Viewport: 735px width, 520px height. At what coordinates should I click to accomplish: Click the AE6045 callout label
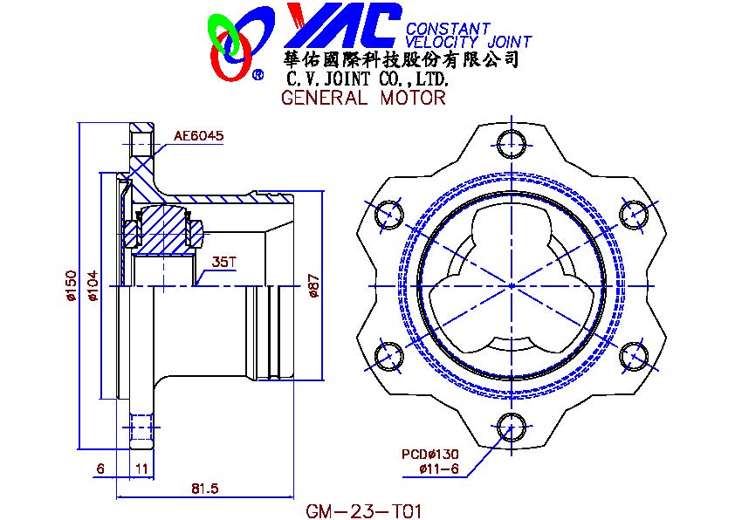click(198, 136)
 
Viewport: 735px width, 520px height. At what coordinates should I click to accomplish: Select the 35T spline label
click(224, 262)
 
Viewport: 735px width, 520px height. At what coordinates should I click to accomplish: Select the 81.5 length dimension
click(205, 489)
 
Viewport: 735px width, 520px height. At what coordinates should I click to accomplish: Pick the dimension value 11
click(141, 469)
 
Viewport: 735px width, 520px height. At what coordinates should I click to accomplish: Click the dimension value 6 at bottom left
click(100, 469)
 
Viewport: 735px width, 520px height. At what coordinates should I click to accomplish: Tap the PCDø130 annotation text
click(429, 454)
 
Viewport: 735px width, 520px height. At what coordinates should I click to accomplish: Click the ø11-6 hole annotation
click(439, 468)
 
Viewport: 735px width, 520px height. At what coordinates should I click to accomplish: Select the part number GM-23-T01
click(364, 511)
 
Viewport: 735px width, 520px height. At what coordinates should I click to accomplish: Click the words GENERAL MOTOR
click(363, 98)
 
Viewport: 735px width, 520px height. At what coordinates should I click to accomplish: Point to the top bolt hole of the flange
click(512, 144)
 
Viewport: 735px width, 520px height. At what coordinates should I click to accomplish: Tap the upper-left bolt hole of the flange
click(389, 215)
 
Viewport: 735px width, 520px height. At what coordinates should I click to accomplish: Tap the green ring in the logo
click(224, 34)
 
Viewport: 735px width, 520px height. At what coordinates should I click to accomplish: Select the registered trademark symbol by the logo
click(258, 75)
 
